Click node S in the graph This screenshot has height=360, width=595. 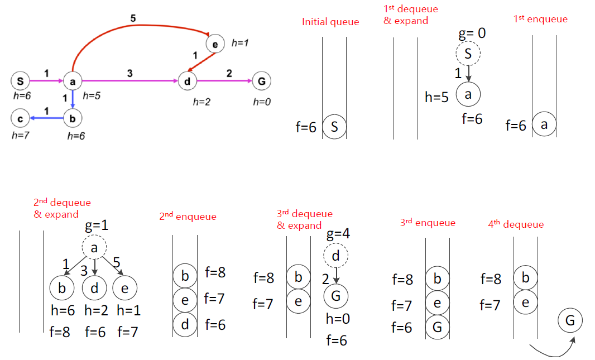click(20, 81)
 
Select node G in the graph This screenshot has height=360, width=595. click(261, 81)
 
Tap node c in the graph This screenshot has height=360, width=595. click(20, 118)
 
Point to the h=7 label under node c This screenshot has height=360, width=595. click(20, 135)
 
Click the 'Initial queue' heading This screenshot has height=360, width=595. click(330, 22)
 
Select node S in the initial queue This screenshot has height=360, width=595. click(334, 127)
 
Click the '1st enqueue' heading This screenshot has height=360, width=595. click(540, 20)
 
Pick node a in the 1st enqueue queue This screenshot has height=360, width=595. click(544, 125)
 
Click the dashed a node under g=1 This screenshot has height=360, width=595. click(94, 249)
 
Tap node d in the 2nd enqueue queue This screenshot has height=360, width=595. click(185, 324)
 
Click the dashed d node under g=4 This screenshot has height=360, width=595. click(336, 257)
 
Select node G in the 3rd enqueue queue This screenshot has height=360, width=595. click(437, 327)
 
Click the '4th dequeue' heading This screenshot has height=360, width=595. click(516, 225)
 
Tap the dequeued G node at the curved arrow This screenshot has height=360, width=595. click(570, 321)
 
